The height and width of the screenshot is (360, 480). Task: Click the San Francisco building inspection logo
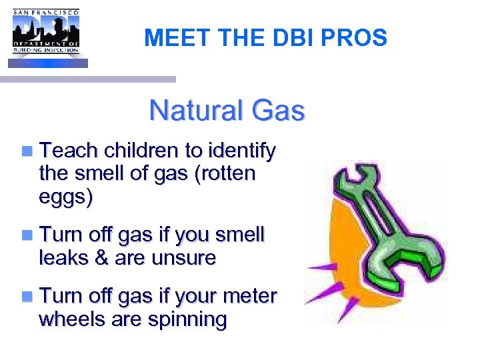coord(46,33)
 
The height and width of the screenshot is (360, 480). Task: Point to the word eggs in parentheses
coord(65,197)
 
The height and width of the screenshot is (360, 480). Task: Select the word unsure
coord(183,257)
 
